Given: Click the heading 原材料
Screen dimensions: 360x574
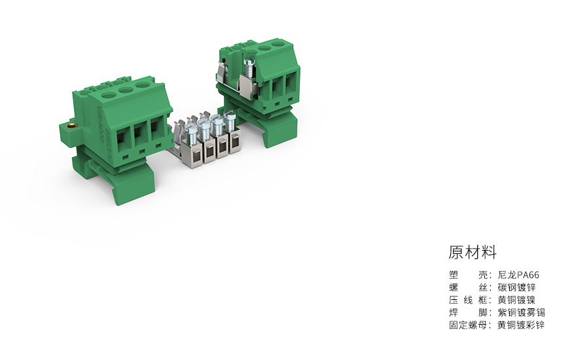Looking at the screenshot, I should pyautogui.click(x=473, y=252).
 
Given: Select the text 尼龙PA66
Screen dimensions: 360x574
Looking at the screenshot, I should pyautogui.click(x=518, y=276).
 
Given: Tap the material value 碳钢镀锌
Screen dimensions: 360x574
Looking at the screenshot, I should pyautogui.click(x=516, y=288).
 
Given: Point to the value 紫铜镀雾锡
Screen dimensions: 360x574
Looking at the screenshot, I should pyautogui.click(x=521, y=313).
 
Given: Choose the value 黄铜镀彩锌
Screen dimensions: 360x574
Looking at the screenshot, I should pyautogui.click(x=521, y=325).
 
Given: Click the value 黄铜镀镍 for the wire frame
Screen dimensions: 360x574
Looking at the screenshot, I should pyautogui.click(x=516, y=300).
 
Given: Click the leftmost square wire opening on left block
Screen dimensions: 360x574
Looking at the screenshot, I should pyautogui.click(x=123, y=137).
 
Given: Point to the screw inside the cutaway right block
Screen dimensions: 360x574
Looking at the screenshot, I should pyautogui.click(x=249, y=65).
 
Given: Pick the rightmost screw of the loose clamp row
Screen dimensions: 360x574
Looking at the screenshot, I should pyautogui.click(x=230, y=120).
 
